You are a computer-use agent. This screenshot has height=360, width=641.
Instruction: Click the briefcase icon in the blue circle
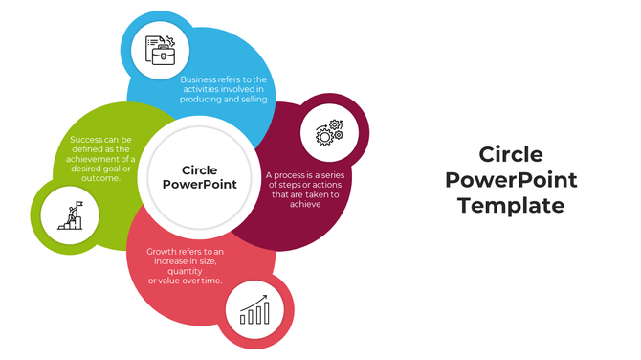tap(160, 50)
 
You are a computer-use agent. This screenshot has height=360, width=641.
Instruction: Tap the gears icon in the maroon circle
tap(328, 132)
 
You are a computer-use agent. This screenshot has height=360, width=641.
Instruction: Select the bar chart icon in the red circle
tap(254, 309)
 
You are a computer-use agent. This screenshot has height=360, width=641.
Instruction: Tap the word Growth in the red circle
tap(164, 252)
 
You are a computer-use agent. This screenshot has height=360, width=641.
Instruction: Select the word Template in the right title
tap(511, 205)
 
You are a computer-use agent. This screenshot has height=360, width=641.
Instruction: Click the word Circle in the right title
tap(511, 155)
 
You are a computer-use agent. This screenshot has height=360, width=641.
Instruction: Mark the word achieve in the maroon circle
tap(307, 204)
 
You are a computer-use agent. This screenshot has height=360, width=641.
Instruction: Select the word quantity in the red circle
tap(184, 271)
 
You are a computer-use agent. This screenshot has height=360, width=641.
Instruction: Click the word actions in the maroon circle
tap(320, 185)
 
